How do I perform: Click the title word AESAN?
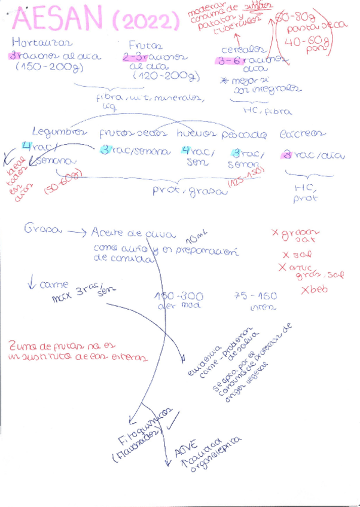point(59,20)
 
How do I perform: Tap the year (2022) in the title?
point(145,22)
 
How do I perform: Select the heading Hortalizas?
point(42,43)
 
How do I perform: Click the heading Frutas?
point(146,45)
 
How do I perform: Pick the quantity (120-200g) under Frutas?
point(161,77)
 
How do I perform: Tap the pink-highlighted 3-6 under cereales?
point(230,60)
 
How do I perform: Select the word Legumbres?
point(59,132)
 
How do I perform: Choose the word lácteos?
point(304,133)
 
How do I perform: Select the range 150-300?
point(179,297)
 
